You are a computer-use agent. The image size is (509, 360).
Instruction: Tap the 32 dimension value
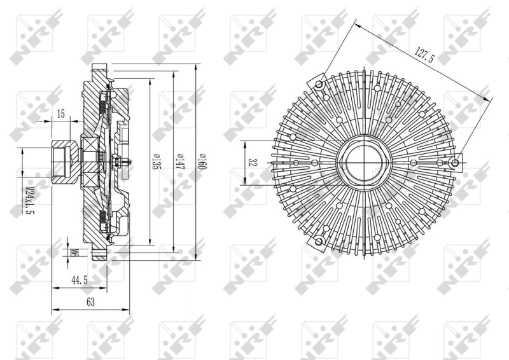(x=253, y=163)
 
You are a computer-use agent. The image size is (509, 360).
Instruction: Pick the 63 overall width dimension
(x=90, y=303)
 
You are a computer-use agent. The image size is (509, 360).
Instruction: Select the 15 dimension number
(x=61, y=114)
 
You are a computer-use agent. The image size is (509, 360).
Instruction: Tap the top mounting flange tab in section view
(x=99, y=68)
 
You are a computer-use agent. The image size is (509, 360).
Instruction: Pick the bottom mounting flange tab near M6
(x=99, y=256)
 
